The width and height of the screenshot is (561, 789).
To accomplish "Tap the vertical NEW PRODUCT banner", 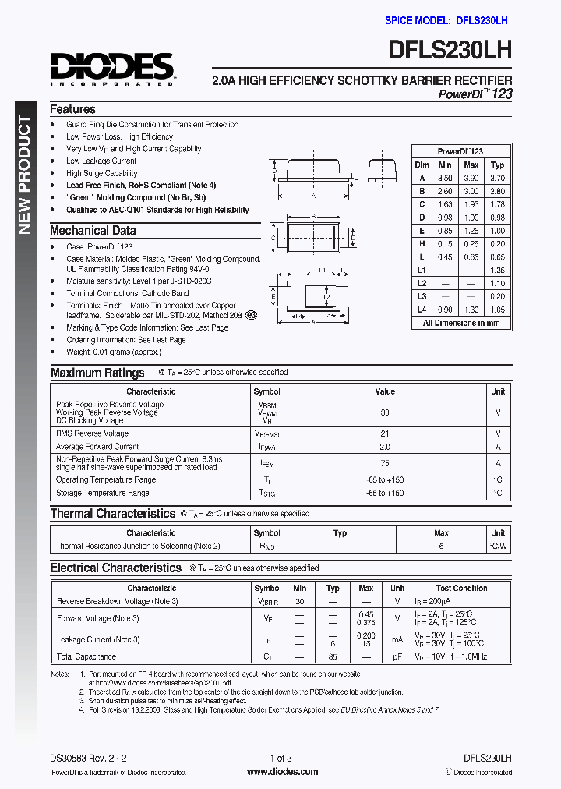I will pyautogui.click(x=24, y=175).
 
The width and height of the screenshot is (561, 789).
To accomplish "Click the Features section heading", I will pyautogui.click(x=72, y=110).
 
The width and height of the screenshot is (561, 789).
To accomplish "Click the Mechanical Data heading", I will pyautogui.click(x=93, y=231).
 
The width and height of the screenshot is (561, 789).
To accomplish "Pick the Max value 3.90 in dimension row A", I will pyautogui.click(x=471, y=178).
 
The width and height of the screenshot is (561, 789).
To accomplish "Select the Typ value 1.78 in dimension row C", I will pyautogui.click(x=497, y=205).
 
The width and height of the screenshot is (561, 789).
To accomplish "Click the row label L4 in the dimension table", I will pyautogui.click(x=422, y=310).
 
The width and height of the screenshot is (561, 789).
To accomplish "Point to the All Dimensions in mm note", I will pyautogui.click(x=461, y=323).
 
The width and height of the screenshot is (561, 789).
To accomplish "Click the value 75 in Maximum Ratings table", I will pyautogui.click(x=385, y=462).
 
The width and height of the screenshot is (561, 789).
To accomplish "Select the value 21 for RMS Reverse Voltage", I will pyautogui.click(x=385, y=433).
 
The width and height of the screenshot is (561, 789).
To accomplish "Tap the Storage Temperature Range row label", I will pyautogui.click(x=102, y=494).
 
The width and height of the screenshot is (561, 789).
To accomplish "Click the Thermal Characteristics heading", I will pyautogui.click(x=113, y=514).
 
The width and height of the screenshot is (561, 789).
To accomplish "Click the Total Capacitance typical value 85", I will pyautogui.click(x=333, y=657).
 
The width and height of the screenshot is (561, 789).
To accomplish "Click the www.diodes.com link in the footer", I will pyautogui.click(x=281, y=772).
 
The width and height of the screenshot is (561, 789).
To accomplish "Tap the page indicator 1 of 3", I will pyautogui.click(x=280, y=758).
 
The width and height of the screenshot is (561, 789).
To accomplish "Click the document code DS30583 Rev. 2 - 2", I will pyautogui.click(x=88, y=758).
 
